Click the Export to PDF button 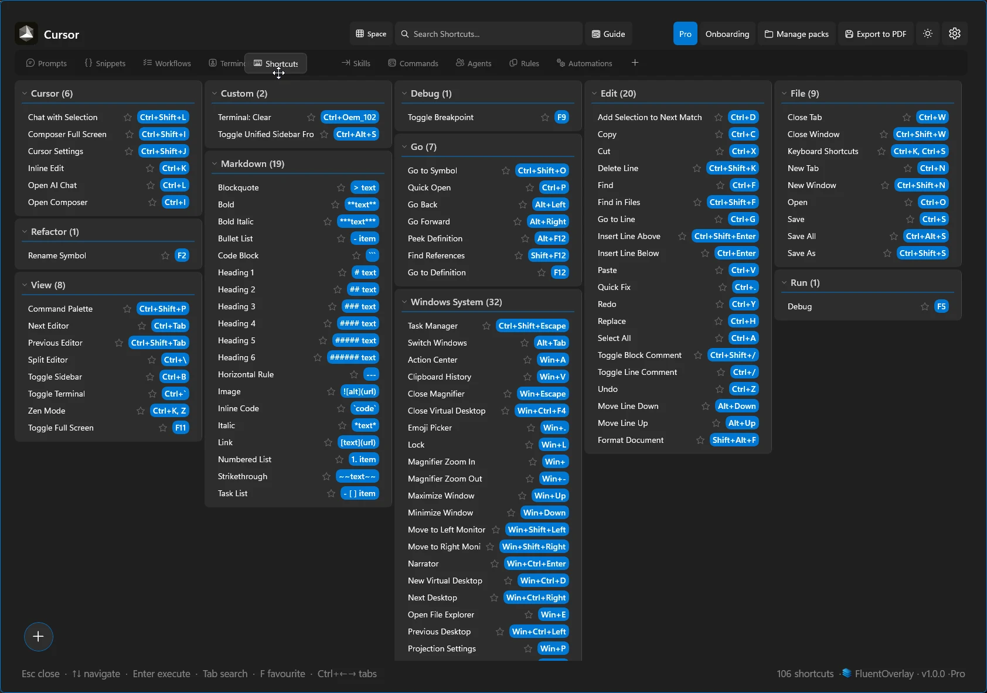coord(876,34)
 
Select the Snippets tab coord(105,63)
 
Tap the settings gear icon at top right coord(955,33)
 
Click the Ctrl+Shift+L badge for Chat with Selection coord(163,117)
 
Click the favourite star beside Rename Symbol coord(165,255)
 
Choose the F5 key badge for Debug coord(941,306)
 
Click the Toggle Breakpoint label coord(441,117)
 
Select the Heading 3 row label coord(237,306)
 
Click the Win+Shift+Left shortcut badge coord(537,530)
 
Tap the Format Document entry coord(631,440)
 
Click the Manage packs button coord(797,34)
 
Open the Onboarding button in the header coord(727,34)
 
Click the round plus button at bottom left coord(39,637)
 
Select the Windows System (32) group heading coord(456,302)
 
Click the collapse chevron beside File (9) coord(784,94)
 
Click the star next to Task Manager coord(486,326)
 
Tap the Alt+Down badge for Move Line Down coord(737,406)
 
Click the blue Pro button coord(685,34)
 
